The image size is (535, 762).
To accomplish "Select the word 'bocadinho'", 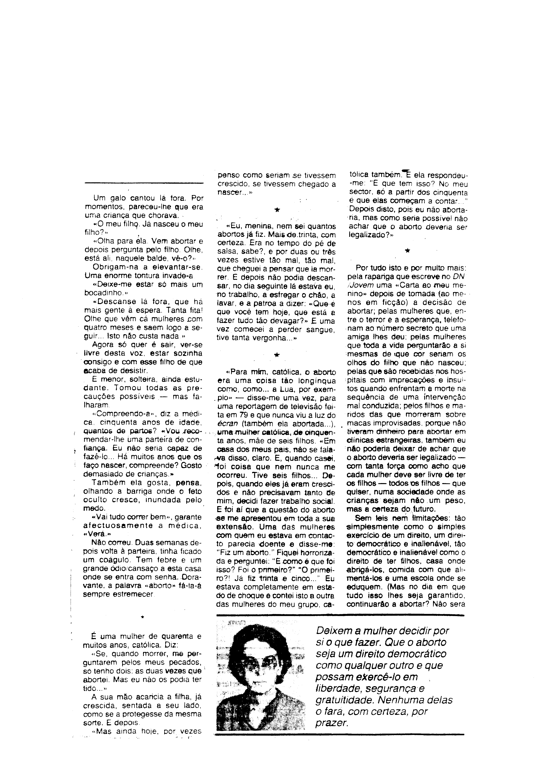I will tap(102, 293).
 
